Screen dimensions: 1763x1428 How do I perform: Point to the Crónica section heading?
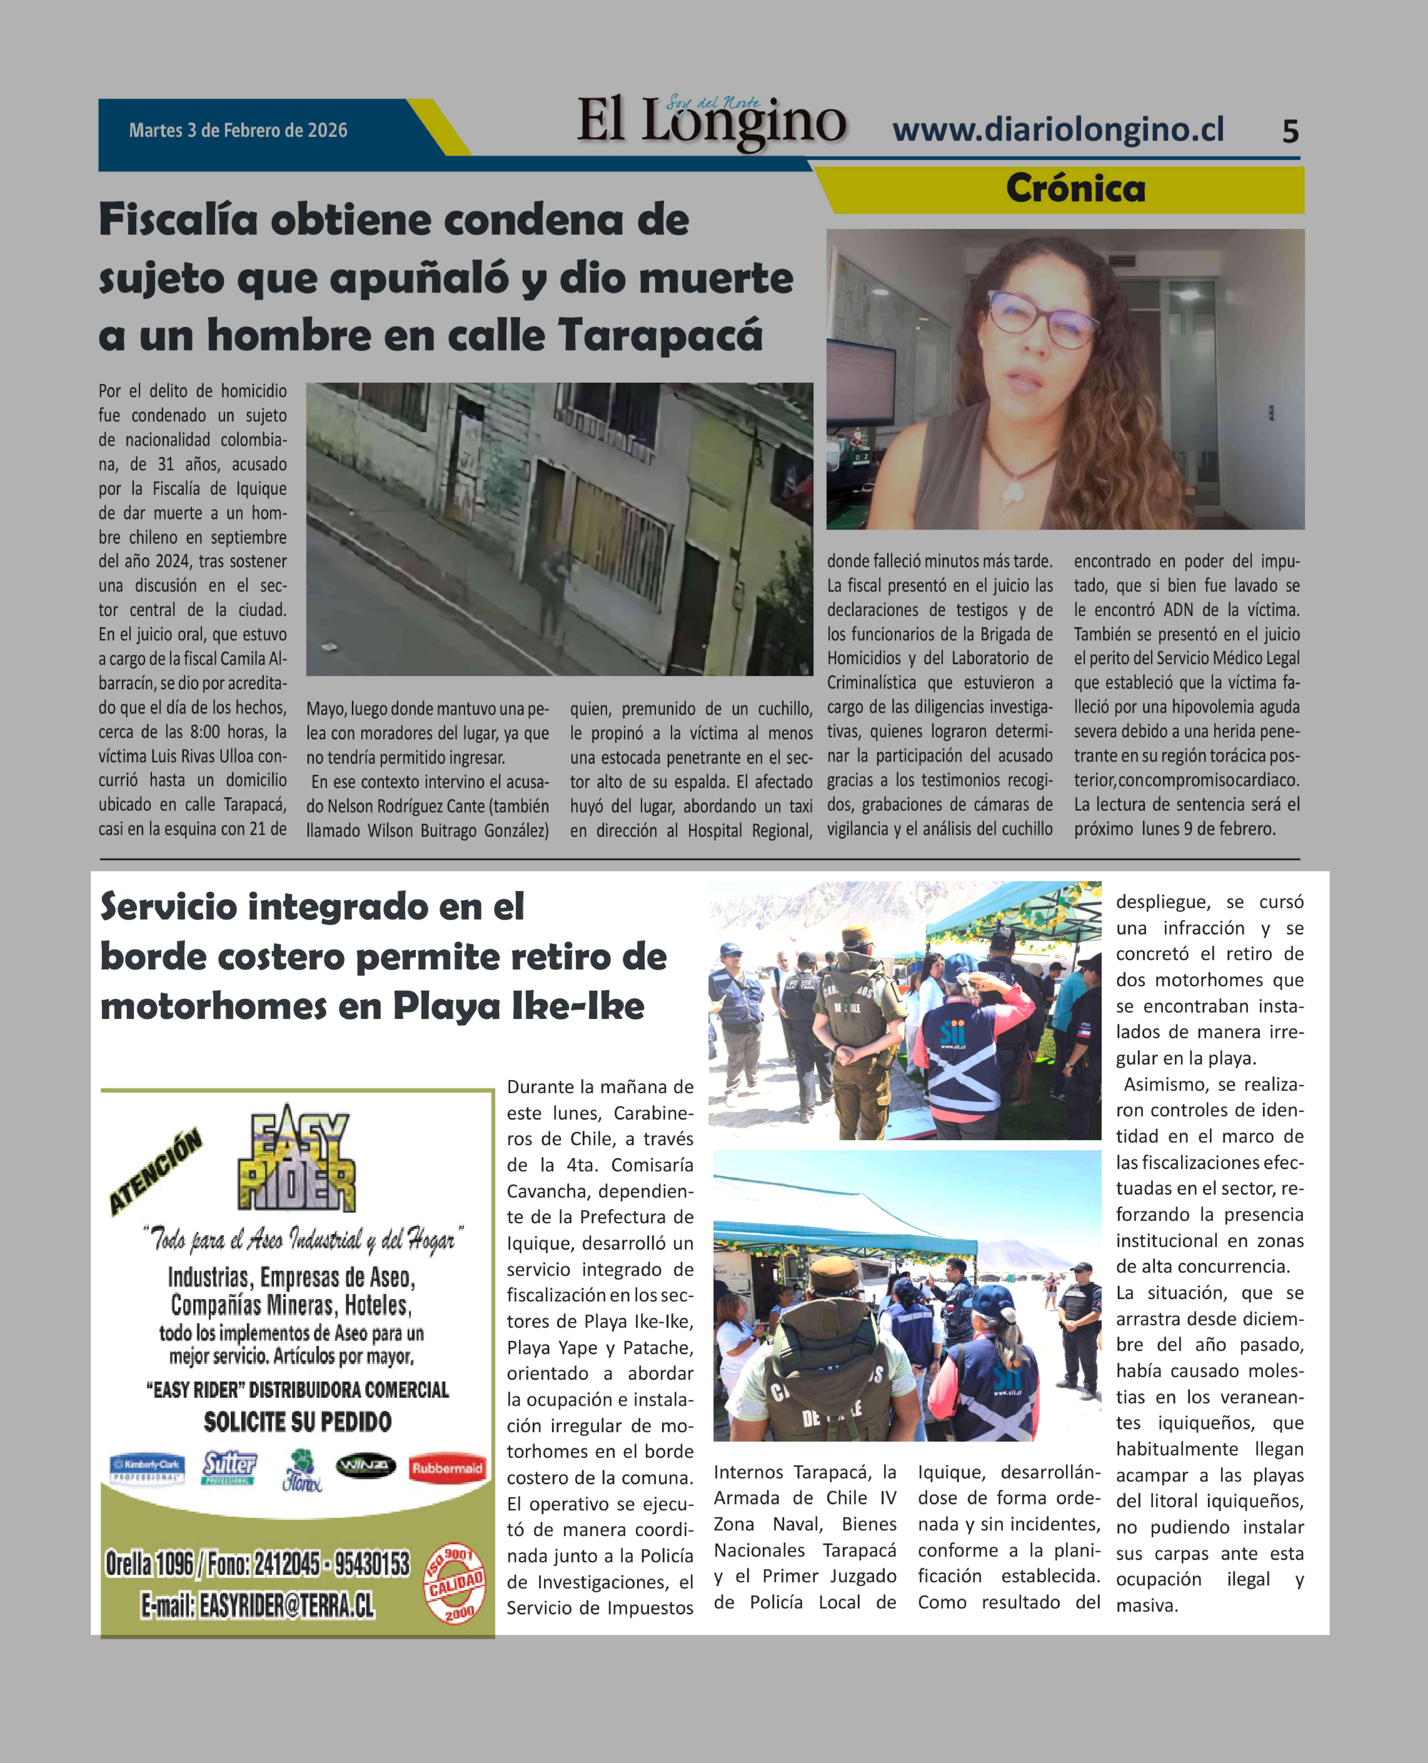(x=1075, y=188)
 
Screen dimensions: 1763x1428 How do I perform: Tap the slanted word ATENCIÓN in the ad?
(x=155, y=1172)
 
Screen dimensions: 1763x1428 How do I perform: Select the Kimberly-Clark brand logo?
(x=147, y=1468)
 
